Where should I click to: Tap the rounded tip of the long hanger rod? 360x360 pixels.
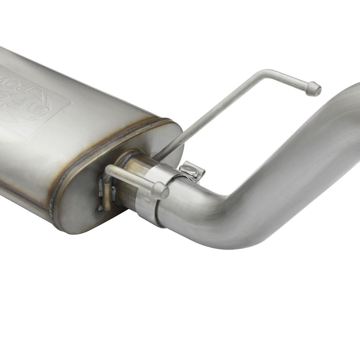pyautogui.click(x=314, y=89)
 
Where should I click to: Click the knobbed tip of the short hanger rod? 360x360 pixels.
pyautogui.click(x=160, y=191)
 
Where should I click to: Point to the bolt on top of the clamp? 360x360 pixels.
pyautogui.click(x=192, y=171)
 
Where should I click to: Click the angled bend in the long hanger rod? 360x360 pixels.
pyautogui.click(x=263, y=73)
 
